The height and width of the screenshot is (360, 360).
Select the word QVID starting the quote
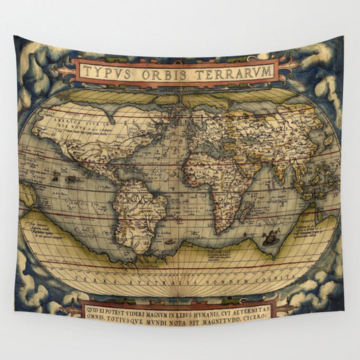pos(92,310)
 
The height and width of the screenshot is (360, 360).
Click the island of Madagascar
pos(246,211)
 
